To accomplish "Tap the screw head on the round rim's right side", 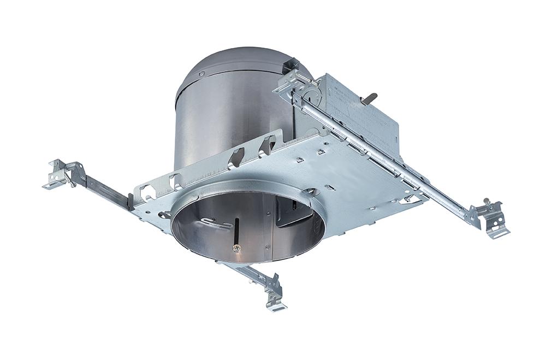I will pyautogui.click(x=311, y=191).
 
